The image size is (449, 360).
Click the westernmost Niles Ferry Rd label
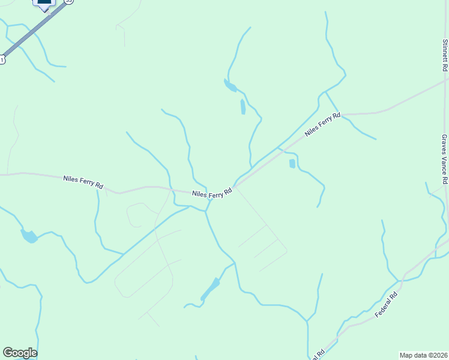83,182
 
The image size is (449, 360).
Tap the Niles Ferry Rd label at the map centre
212,194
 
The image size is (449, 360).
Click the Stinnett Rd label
445,52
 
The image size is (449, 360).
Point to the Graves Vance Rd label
444,159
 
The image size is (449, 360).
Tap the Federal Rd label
387,305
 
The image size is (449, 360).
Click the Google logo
20,353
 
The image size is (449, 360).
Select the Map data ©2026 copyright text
423,355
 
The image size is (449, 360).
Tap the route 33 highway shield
68,2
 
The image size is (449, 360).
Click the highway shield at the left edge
2,59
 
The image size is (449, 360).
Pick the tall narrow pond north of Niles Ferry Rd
243,107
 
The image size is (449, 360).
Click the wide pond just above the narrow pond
230,86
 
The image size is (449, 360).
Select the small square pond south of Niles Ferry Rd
292,163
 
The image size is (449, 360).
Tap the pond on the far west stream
29,236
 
